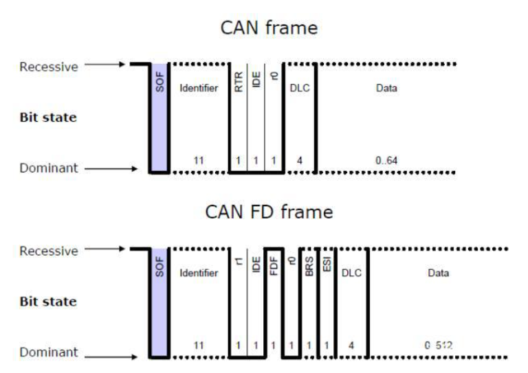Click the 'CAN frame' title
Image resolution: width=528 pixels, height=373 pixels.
tap(269, 28)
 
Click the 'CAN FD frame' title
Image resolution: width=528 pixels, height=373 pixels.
tap(269, 212)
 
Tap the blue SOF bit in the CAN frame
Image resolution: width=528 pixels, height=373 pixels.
tap(159, 117)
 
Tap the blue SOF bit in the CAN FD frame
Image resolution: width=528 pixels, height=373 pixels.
tap(159, 302)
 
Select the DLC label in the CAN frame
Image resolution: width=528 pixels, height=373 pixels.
tap(300, 89)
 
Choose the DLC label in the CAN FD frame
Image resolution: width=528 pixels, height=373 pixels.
tap(351, 273)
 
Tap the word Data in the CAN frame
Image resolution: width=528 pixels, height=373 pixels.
tap(386, 89)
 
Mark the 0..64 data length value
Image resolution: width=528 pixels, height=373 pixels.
tap(387, 161)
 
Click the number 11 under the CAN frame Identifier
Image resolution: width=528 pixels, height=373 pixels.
tap(199, 161)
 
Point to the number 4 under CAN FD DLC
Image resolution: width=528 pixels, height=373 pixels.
tap(351, 345)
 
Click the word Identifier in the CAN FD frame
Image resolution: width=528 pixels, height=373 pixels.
tap(199, 273)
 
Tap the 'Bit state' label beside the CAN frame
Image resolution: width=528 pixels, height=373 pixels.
tap(47, 117)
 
